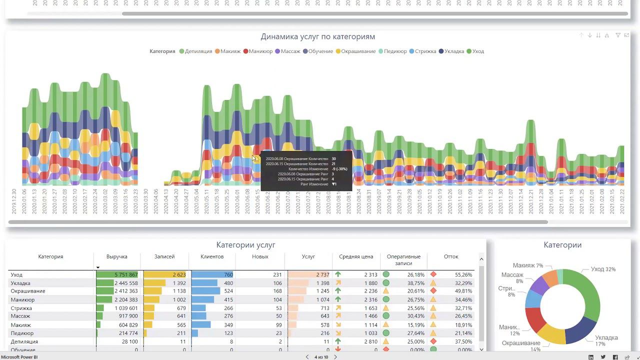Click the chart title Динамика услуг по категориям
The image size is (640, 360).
[317, 36]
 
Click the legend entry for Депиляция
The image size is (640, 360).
[198, 51]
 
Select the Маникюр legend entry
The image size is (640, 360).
[260, 51]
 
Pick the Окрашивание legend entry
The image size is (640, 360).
[358, 51]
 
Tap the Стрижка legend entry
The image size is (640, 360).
[425, 51]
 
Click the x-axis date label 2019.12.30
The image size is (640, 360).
[14, 201]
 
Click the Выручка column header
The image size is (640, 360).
[116, 256]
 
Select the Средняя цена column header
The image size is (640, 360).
[356, 256]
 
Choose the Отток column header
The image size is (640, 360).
[450, 256]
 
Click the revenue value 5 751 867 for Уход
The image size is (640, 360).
[125, 274]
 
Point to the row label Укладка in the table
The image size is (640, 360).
[20, 283]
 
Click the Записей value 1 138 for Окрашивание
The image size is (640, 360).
[179, 291]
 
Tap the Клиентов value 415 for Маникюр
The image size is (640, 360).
[228, 299]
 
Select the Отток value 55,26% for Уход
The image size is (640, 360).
[463, 274]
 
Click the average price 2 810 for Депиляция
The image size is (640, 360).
[370, 341]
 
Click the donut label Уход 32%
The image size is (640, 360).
[603, 269]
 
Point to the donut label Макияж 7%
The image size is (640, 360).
[528, 265]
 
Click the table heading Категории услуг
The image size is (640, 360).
[245, 245]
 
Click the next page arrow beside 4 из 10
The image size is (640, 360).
[335, 357]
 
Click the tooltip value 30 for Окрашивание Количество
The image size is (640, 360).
[333, 158]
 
